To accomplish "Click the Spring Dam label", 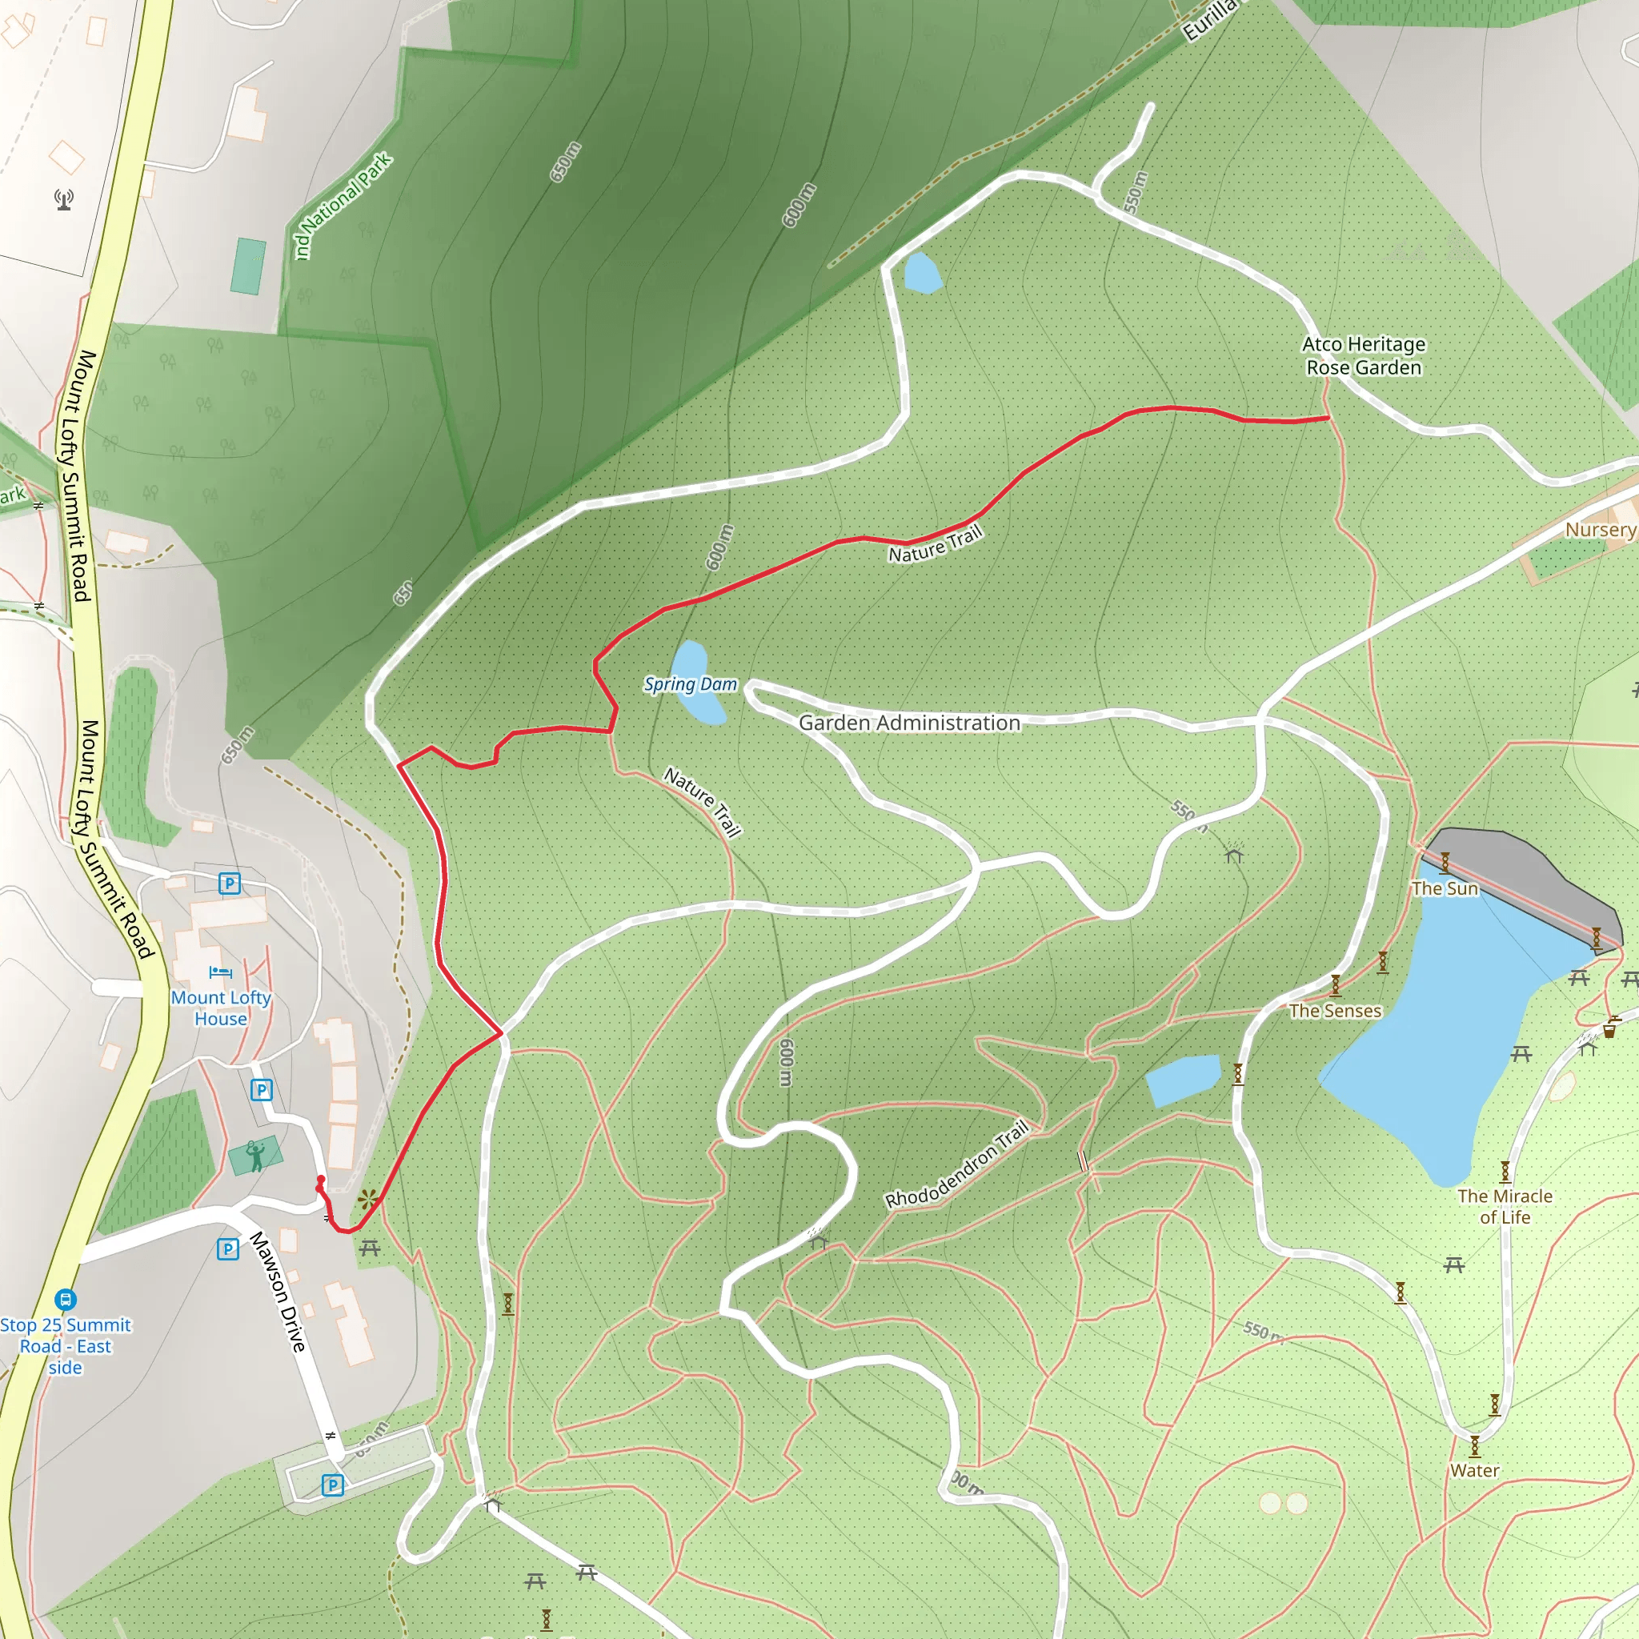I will click(x=690, y=683).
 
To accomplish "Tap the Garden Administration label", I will click(x=908, y=723).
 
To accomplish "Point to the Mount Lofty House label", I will click(x=221, y=1008).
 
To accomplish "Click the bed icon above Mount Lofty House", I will click(x=221, y=972).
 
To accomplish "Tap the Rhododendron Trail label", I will click(x=956, y=1164).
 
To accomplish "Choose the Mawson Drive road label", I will click(x=278, y=1292).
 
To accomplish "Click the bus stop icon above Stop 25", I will click(x=66, y=1299).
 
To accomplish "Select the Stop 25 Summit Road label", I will click(x=66, y=1346).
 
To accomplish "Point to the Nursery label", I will click(x=1600, y=529).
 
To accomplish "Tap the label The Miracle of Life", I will click(x=1505, y=1206).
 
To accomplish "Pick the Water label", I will click(x=1474, y=1470).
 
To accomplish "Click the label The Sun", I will click(x=1445, y=888).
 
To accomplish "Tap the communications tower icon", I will click(x=64, y=199).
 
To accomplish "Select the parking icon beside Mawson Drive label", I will click(x=227, y=1248).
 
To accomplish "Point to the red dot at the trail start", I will click(x=321, y=1180).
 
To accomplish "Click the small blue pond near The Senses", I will click(x=1183, y=1079).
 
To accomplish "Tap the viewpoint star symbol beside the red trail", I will click(x=367, y=1200).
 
